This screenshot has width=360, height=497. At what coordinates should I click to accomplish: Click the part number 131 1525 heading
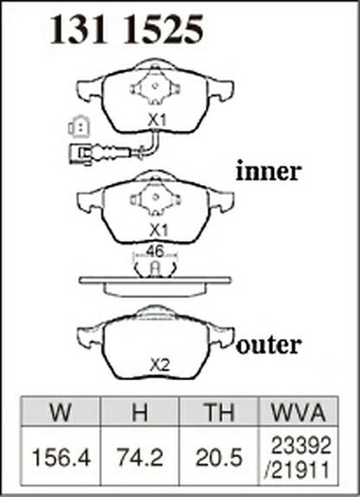126,29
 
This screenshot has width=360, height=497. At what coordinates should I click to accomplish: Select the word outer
269,345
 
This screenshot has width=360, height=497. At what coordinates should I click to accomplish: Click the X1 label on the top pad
157,120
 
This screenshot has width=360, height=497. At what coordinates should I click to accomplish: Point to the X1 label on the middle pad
157,230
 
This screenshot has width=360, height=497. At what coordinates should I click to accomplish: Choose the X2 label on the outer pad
160,366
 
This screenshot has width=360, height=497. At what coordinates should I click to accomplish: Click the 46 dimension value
155,251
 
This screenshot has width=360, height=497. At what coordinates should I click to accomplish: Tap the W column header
61,412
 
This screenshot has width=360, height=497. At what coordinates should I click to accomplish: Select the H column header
139,412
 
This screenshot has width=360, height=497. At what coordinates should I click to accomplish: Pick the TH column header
219,412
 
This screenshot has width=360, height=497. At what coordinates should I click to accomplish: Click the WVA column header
299,412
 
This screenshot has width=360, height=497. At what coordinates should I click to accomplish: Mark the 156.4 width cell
61,458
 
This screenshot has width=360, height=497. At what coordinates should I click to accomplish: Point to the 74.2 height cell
140,458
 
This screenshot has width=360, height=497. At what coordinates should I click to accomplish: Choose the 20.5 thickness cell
219,458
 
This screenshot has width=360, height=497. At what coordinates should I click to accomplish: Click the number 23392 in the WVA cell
301,445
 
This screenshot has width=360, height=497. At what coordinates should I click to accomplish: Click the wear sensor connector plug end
80,154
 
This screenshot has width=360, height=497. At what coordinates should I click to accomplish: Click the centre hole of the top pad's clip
155,86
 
